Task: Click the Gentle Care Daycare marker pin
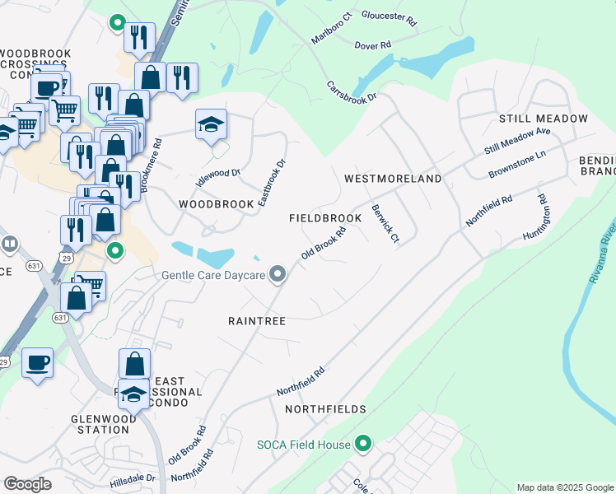point(278,275)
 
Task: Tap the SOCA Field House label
point(302,445)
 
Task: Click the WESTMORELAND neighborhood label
point(393,179)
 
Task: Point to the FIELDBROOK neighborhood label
point(325,218)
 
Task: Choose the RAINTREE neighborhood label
point(257,321)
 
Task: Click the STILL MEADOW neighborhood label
point(543,119)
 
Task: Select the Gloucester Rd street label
point(390,16)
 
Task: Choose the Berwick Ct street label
point(385,224)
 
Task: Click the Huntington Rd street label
point(533,217)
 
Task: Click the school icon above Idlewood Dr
point(211,125)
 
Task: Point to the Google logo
point(27,484)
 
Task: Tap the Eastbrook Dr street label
point(271,183)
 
